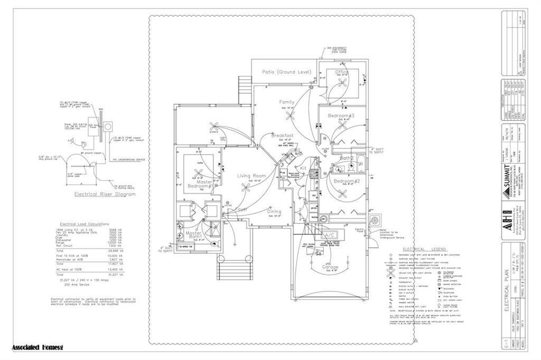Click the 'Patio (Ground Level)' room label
click(x=287, y=72)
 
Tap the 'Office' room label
click(x=342, y=72)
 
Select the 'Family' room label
click(x=287, y=102)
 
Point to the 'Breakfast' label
click(x=282, y=136)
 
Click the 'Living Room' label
click(x=250, y=175)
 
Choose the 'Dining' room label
click(x=274, y=211)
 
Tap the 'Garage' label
click(x=330, y=267)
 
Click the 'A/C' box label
click(x=330, y=234)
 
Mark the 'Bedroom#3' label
click(x=341, y=116)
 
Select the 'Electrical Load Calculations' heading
click(x=85, y=224)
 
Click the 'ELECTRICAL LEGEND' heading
click(x=424, y=249)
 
